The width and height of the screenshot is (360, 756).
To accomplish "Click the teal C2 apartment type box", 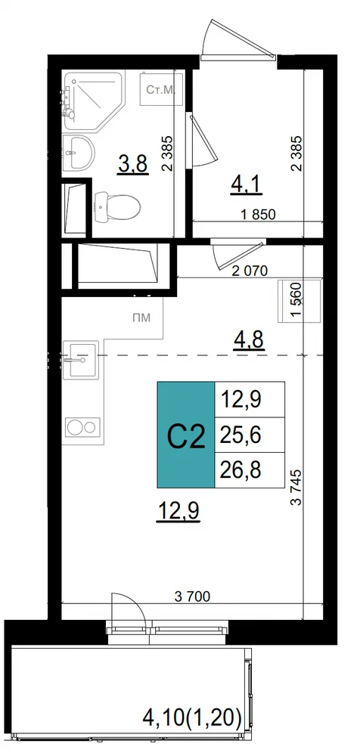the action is pyautogui.click(x=186, y=435).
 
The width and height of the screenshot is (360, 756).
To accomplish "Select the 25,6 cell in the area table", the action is pyautogui.click(x=250, y=435).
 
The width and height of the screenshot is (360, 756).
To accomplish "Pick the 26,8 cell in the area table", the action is pyautogui.click(x=250, y=470).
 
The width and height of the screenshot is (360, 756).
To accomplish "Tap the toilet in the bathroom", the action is pyautogui.click(x=116, y=207).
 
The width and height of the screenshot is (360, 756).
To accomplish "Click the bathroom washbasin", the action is pyautogui.click(x=79, y=153).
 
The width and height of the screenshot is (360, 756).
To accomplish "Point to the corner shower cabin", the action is pyautogui.click(x=94, y=101).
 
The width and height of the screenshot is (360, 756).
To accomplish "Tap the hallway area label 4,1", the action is pyautogui.click(x=247, y=184).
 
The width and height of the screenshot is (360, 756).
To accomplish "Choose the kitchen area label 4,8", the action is pyautogui.click(x=250, y=342).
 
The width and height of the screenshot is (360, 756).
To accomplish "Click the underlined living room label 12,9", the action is pyautogui.click(x=178, y=511).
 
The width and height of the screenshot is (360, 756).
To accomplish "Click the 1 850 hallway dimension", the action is pyautogui.click(x=257, y=215).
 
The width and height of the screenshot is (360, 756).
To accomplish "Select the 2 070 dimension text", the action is pyautogui.click(x=250, y=271).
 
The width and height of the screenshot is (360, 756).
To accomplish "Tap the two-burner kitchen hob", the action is pyautogui.click(x=82, y=427).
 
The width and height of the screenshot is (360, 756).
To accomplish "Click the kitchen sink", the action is pyautogui.click(x=81, y=360).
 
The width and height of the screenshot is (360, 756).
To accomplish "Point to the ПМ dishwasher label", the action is pyautogui.click(x=141, y=318).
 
